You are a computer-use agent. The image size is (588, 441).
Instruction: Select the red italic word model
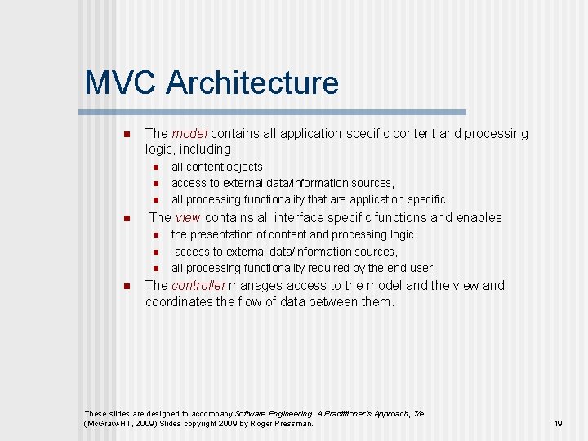[189, 133]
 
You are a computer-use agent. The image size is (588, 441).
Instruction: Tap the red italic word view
[188, 217]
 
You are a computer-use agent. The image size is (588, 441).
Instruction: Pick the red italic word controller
[199, 285]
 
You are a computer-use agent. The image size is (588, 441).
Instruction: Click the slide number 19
[559, 423]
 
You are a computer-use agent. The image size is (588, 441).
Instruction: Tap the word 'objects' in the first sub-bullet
[244, 167]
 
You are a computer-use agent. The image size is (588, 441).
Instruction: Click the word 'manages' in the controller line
[256, 285]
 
